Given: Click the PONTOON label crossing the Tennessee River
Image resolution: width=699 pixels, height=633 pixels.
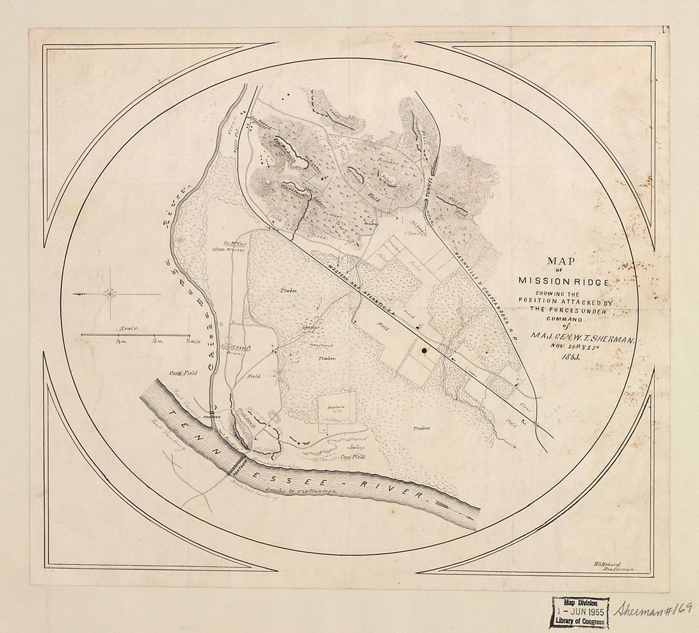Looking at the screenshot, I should tap(238, 468).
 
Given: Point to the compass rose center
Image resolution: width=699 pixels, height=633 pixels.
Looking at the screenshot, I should tap(111, 294).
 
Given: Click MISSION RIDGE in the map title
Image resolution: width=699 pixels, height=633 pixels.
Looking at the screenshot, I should tap(564, 281).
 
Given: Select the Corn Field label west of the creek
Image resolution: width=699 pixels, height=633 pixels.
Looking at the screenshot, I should tap(184, 373).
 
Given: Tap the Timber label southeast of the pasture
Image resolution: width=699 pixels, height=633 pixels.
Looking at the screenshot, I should tap(422, 428).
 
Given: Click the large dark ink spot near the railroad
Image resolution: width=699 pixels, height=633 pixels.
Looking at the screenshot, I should tap(424, 349).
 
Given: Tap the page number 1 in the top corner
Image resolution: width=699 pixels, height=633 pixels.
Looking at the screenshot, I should tap(663, 29).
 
